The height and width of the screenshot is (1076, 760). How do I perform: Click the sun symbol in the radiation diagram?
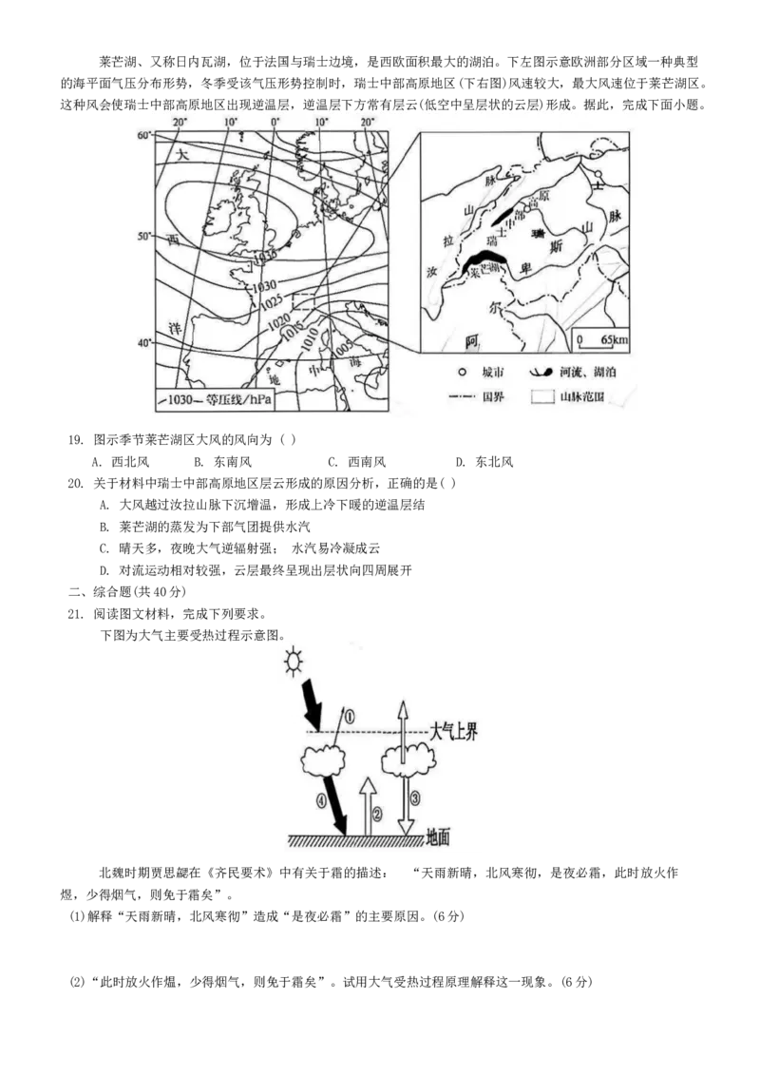[x=292, y=658]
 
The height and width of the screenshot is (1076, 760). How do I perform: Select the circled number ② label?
[x=377, y=814]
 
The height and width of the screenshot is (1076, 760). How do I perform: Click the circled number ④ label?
[x=320, y=800]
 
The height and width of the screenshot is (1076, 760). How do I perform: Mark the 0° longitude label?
[x=275, y=123]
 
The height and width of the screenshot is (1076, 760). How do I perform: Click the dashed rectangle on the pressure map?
[x=310, y=300]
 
